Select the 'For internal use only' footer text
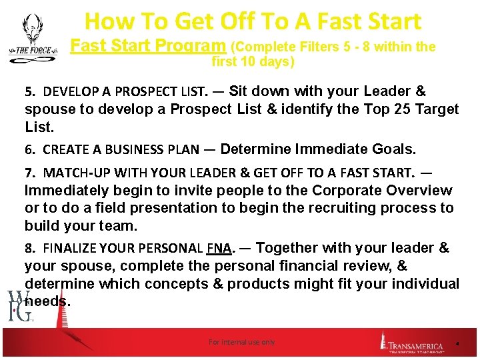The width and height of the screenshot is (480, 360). point(241,342)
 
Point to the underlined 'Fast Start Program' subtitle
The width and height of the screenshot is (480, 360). point(147,47)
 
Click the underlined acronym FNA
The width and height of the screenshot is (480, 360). point(219,249)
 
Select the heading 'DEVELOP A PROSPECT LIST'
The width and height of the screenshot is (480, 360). point(126,91)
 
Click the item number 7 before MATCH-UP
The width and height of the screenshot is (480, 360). point(28,173)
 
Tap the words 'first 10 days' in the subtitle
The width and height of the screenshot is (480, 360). point(252,63)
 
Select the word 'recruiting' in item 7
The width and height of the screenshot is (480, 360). point(317,208)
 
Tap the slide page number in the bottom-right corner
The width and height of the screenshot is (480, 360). point(457,343)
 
